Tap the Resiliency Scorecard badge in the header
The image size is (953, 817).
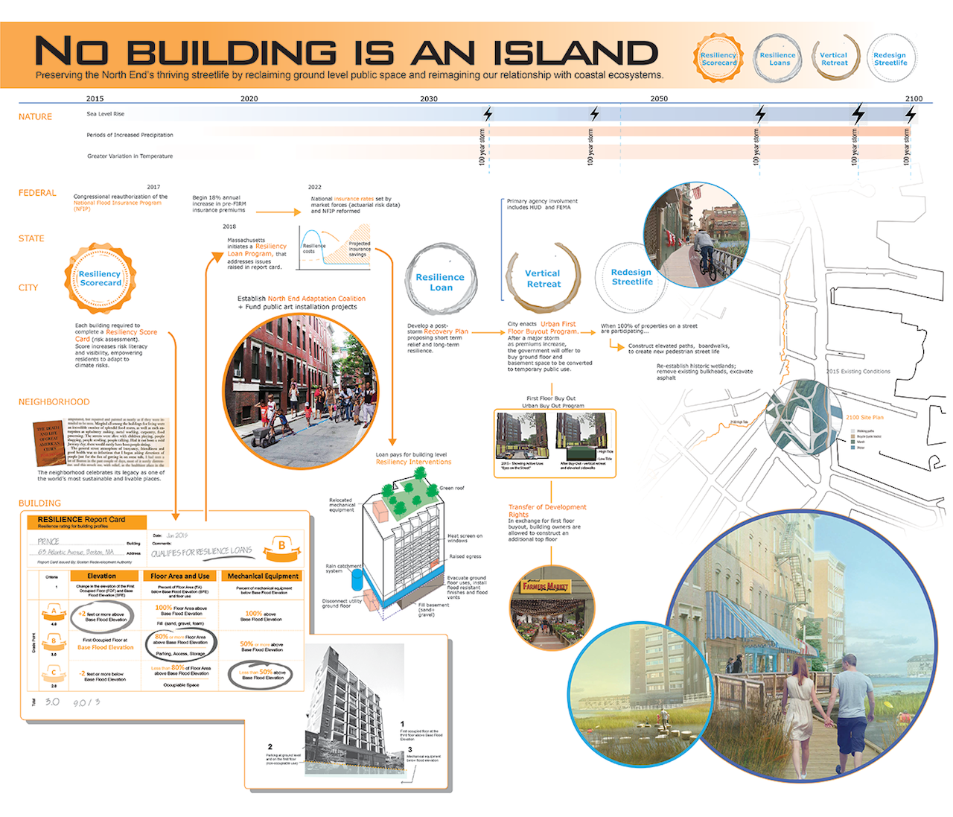718,58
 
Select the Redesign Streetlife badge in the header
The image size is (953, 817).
890,58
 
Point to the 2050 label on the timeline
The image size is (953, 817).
659,98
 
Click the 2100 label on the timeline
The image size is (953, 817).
914,98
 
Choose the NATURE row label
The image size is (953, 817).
35,117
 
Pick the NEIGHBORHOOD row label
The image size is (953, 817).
54,402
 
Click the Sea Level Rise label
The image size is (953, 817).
105,114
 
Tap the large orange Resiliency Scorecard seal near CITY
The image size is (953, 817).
101,279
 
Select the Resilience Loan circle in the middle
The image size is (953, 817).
440,282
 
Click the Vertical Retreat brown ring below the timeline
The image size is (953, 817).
544,279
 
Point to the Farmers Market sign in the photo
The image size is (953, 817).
546,587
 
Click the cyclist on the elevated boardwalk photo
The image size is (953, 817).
704,251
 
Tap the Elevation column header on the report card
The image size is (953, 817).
101,576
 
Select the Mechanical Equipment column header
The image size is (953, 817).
263,576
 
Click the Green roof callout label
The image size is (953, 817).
451,488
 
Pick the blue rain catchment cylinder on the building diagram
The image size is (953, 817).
357,579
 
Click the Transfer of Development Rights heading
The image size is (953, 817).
546,511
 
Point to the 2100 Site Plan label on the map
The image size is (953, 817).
864,418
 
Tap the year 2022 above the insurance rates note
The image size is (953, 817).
315,187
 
